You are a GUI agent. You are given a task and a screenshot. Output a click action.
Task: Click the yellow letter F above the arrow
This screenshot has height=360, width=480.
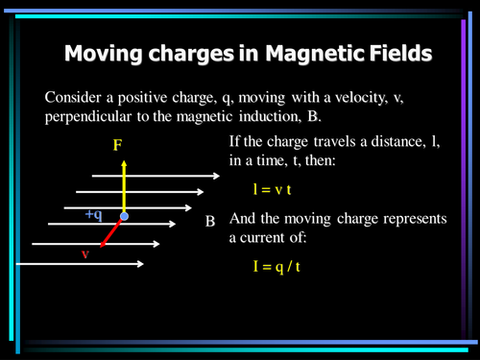point(117,146)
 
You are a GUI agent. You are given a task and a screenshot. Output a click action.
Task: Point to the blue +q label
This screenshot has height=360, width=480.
point(93,214)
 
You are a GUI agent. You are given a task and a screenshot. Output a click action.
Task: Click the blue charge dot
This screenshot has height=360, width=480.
point(124,218)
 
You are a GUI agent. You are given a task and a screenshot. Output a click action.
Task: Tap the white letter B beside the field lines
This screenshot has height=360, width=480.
point(209,222)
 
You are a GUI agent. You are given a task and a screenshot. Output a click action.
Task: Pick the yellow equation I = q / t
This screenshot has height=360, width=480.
point(276,261)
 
